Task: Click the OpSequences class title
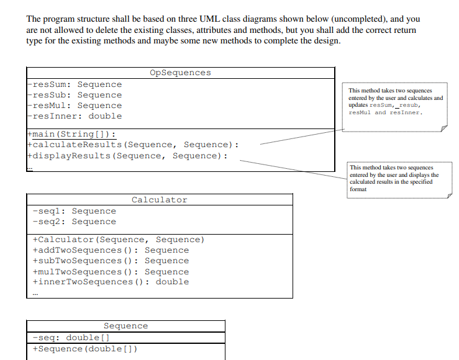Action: (180, 73)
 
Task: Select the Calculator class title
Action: (159, 200)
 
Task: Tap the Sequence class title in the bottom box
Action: (125, 326)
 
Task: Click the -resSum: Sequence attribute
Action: (75, 84)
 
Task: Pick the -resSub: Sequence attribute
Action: (75, 95)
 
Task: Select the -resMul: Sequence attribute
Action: (75, 106)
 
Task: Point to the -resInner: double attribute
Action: (75, 116)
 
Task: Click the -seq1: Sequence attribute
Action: (74, 211)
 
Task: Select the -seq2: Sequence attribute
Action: (74, 222)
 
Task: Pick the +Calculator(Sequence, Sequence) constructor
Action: (118, 240)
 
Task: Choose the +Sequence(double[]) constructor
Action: (84, 348)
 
